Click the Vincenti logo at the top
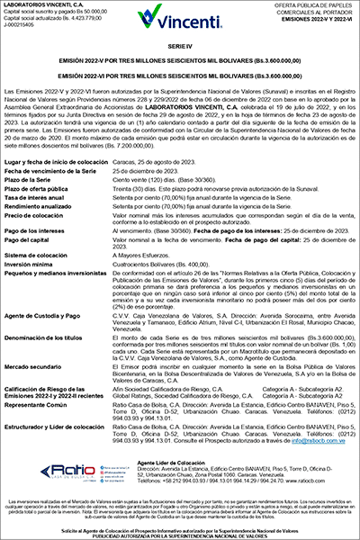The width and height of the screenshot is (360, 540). pos(179,15)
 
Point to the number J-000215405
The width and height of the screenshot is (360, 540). pos(22,26)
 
